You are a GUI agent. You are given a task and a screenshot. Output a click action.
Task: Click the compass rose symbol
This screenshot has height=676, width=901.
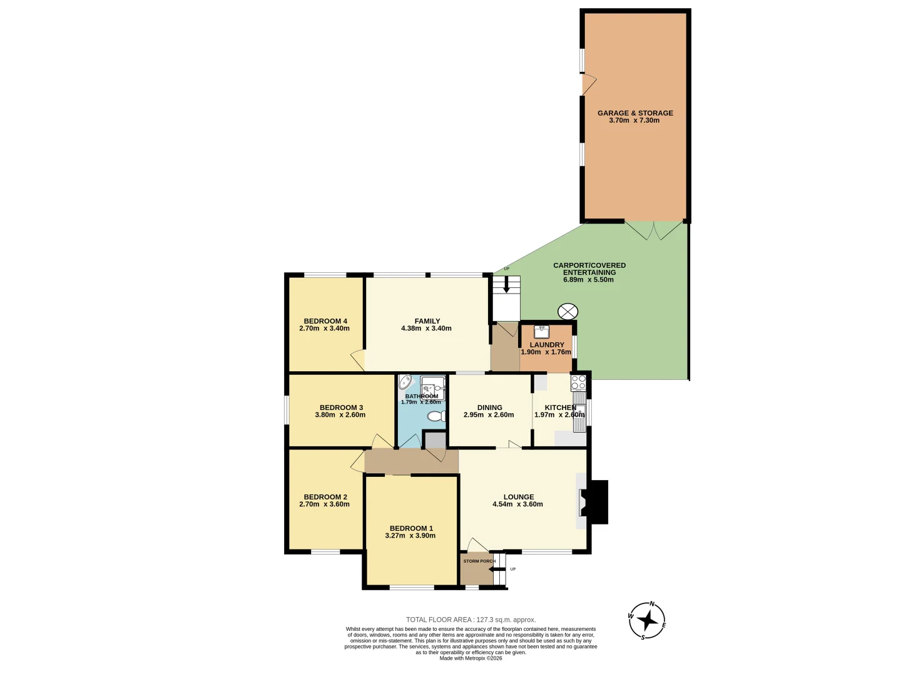coord(647,620)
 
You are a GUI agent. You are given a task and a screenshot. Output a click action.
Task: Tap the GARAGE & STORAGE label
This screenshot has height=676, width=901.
coord(635,113)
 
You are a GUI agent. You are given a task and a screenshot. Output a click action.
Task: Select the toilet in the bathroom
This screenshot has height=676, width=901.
coord(436,416)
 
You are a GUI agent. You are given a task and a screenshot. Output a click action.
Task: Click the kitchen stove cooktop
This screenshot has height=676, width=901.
coord(578,382)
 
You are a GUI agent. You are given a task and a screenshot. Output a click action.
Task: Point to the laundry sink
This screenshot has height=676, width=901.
coord(542,332)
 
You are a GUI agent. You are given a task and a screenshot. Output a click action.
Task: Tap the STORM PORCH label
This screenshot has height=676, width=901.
coord(479,561)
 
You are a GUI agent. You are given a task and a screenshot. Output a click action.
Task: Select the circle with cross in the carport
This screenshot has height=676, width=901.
coord(568,311)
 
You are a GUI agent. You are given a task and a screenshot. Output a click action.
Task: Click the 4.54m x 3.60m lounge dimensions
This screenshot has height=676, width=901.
coord(517,504)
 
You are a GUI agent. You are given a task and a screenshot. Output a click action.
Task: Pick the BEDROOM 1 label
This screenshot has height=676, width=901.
coord(411,528)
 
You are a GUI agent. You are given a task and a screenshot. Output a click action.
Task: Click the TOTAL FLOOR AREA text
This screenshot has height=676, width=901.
coord(471,620)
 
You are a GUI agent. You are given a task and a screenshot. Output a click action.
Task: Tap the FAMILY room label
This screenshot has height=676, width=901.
coord(427,321)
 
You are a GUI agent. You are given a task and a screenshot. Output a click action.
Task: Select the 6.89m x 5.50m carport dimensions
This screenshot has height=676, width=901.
coord(588,280)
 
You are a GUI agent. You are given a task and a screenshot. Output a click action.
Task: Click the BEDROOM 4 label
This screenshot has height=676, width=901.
coord(325,321)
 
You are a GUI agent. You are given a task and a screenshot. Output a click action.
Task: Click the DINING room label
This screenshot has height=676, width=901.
coord(489,407)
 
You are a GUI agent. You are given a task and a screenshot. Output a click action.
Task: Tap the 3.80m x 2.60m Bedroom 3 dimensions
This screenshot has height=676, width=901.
coord(340,415)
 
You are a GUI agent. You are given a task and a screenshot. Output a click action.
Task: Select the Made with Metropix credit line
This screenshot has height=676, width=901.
coord(471,658)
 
